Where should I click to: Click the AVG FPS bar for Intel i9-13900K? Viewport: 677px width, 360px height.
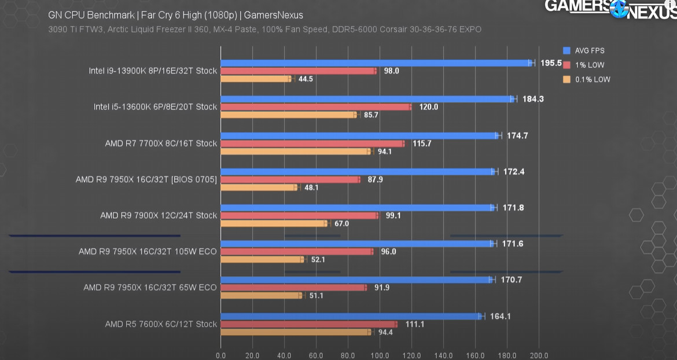[376, 63]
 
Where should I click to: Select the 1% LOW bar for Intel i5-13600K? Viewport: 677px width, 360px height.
[316, 107]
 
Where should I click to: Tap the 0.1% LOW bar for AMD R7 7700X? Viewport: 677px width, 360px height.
[295, 152]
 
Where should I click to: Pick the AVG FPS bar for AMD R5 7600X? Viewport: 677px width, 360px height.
[351, 317]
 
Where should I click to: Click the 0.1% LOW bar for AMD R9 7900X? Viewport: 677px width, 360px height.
[274, 223]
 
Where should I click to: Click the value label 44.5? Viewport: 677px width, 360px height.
[306, 79]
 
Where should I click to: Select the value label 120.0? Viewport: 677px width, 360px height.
[428, 107]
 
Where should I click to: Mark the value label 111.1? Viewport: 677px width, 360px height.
[414, 324]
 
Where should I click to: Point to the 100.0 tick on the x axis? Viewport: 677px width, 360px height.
[380, 355]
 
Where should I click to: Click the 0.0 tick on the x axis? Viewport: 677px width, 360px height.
[220, 355]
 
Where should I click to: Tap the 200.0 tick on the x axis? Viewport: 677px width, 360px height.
[539, 355]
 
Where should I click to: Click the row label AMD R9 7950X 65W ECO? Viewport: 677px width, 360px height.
[150, 288]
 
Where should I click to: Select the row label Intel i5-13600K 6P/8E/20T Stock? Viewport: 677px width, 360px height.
[155, 106]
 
